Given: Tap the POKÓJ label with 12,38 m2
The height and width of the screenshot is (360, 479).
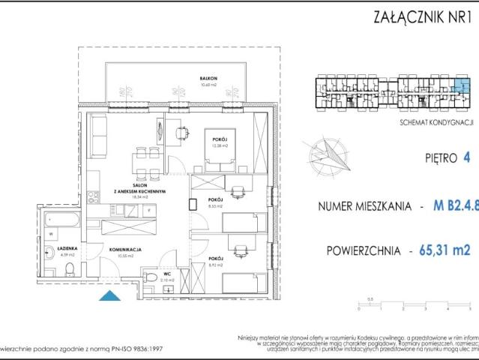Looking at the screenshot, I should click(220, 140).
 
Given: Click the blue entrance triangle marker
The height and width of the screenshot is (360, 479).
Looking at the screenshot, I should click(109, 296).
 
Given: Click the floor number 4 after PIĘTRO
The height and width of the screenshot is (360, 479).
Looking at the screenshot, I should click(468, 157).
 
